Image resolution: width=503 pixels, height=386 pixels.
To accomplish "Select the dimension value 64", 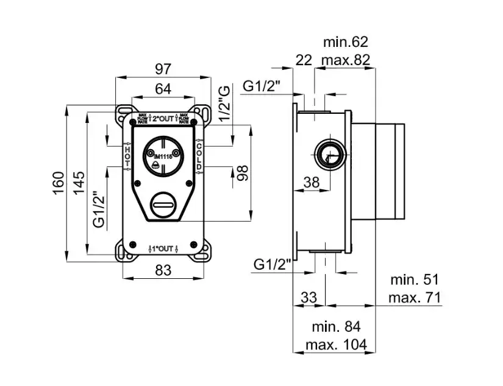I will [x=162, y=89].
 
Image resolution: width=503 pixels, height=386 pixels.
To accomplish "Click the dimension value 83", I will [x=162, y=270].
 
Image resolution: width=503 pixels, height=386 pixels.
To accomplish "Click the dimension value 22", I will [x=303, y=60].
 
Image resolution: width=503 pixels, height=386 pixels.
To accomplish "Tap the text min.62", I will [x=346, y=42].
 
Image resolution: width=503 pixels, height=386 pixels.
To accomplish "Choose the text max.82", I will [x=346, y=60].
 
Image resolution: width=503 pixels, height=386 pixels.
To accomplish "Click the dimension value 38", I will [x=312, y=181].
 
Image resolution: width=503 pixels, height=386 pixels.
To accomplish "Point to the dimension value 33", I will [x=309, y=298].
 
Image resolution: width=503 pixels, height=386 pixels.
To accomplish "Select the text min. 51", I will [x=415, y=280].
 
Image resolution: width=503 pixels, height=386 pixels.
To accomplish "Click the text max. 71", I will [x=415, y=298].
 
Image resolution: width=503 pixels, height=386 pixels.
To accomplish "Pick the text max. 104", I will [x=337, y=345].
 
